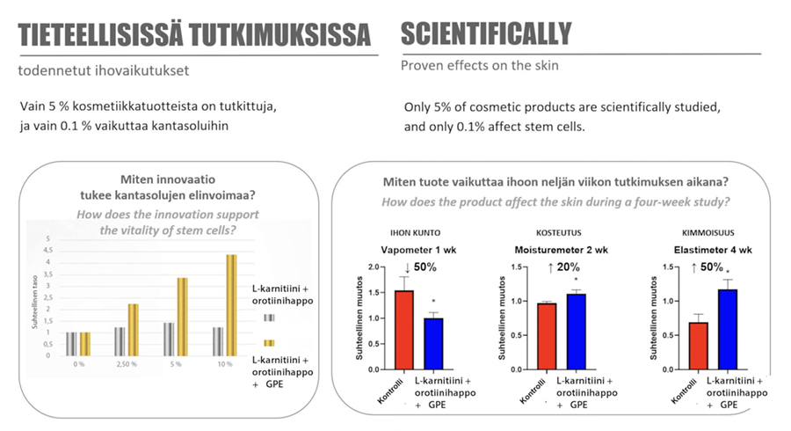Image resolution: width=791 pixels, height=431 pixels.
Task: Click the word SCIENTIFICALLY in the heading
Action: coord(486,34)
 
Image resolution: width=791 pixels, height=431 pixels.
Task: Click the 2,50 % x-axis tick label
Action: coord(127,363)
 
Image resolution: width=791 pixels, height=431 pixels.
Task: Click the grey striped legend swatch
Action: coord(269,317)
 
